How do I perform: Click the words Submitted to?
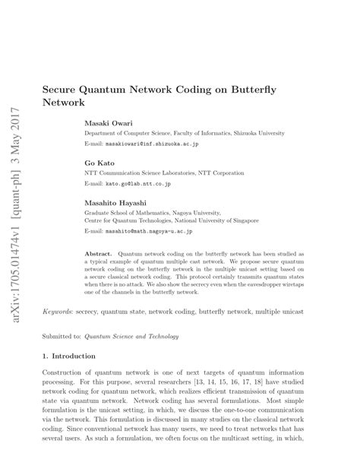pyautogui.click(x=60, y=337)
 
